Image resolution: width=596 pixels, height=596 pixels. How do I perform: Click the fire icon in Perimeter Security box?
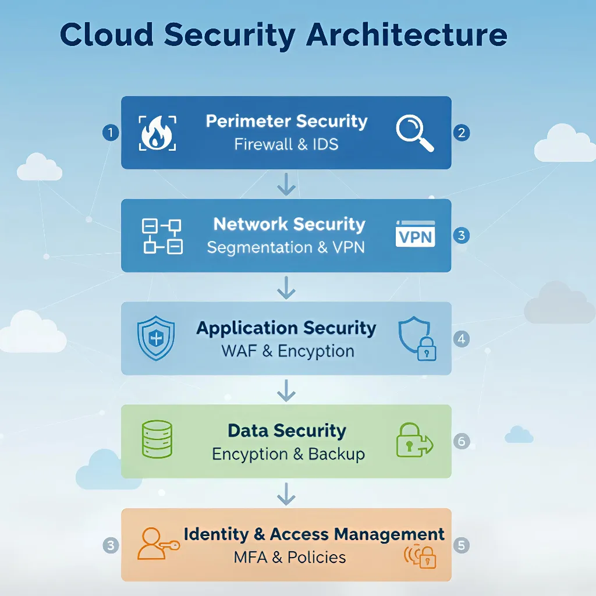157,133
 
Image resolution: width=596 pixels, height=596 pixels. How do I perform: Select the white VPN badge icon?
415,234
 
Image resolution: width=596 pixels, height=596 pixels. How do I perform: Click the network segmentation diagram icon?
162,236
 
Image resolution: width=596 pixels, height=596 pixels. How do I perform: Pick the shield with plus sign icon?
155,338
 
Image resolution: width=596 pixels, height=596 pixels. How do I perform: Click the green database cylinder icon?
157,439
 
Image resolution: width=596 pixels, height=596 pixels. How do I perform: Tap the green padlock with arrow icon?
414,440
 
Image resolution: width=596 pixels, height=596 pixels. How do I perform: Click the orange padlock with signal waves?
421,556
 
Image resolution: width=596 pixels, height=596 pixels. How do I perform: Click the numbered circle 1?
110,133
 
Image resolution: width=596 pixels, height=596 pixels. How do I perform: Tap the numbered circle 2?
461,133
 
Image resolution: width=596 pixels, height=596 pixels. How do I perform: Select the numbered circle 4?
461,339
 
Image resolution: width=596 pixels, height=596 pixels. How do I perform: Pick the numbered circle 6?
461,441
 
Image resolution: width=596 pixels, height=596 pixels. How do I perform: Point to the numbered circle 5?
461,545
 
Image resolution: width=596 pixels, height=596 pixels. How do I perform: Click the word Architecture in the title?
406,35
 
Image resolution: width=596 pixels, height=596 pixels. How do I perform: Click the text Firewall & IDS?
286,144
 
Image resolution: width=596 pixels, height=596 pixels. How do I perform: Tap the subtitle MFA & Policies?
289,557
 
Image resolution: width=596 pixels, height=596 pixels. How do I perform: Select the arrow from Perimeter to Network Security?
286,184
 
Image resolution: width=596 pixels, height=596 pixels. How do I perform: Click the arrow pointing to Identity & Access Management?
286,494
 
